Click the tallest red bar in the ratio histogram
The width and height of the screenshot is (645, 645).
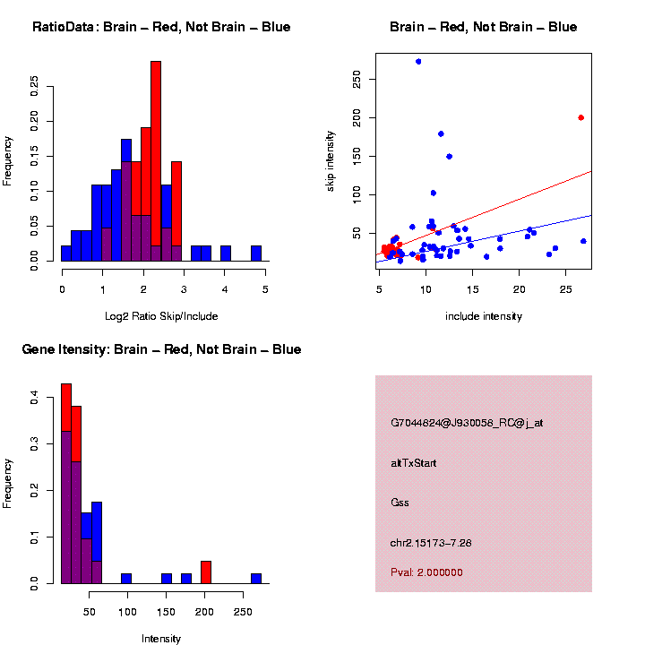(156, 161)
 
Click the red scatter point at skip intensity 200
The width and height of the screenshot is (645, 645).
(580, 117)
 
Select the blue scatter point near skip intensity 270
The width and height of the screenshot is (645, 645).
(418, 62)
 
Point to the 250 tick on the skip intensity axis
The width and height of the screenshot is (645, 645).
(357, 80)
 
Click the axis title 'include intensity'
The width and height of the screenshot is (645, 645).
(483, 316)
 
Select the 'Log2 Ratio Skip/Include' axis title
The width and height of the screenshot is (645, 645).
(163, 316)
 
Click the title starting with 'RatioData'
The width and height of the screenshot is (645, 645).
(161, 27)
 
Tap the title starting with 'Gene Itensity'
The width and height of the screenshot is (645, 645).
(161, 349)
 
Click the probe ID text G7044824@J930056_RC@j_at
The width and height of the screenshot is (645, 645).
(466, 423)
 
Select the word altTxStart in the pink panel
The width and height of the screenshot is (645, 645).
(414, 463)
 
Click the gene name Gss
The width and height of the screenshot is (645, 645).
(400, 503)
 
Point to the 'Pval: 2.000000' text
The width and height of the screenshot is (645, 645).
(426, 572)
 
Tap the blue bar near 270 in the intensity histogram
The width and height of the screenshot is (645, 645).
(256, 579)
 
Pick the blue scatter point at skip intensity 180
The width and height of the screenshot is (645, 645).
(441, 133)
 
